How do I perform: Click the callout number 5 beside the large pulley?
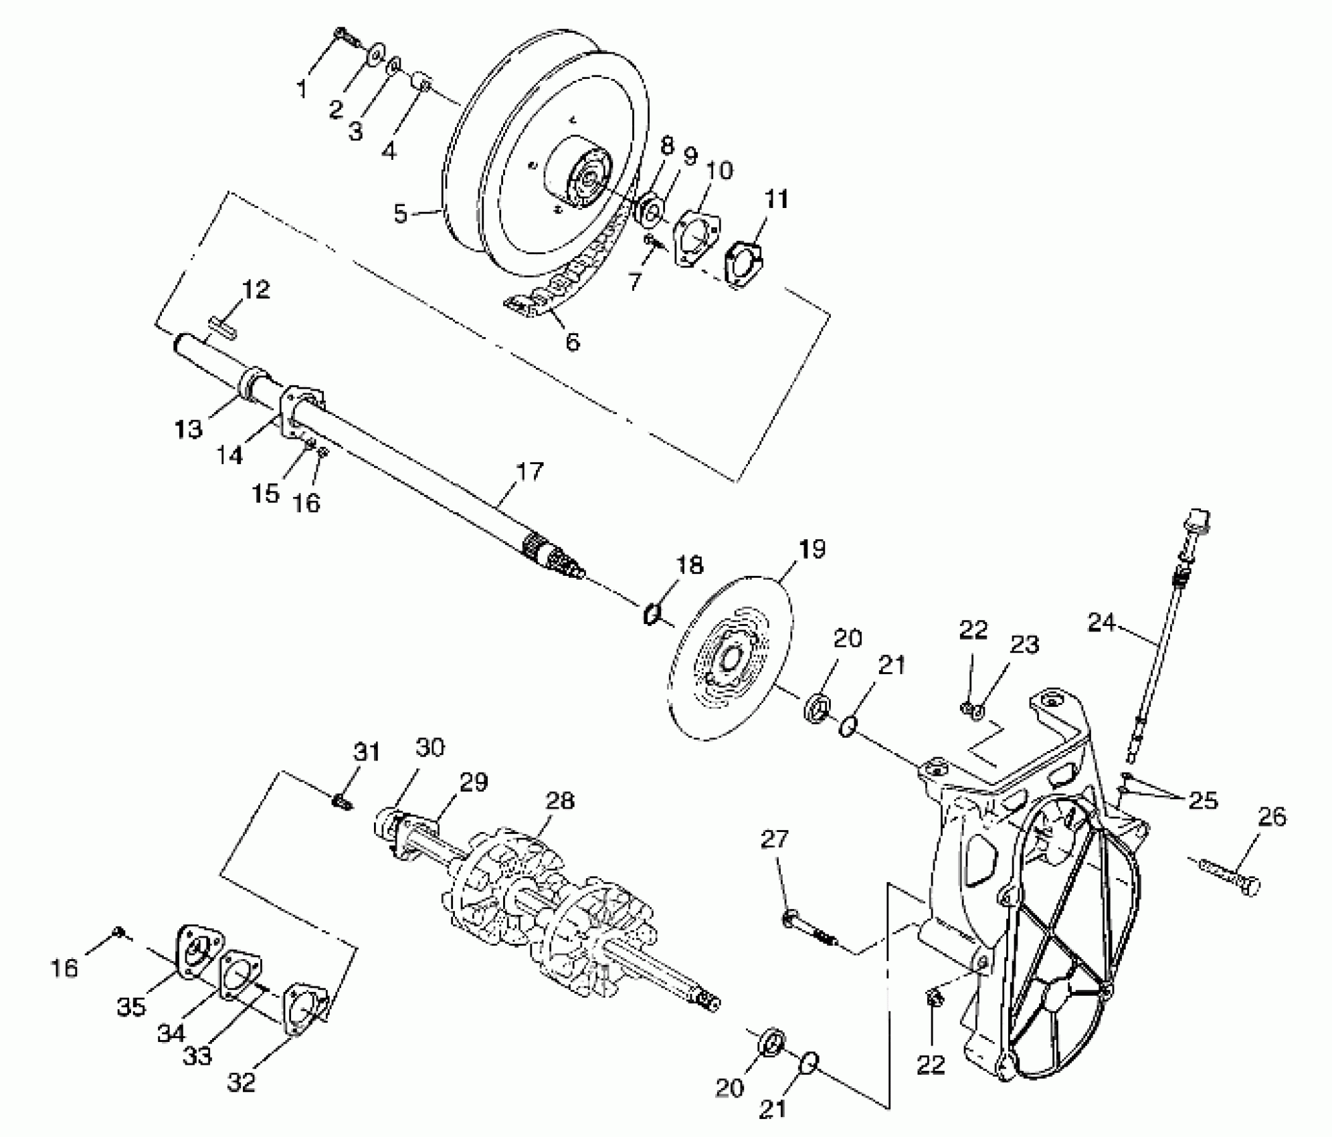[x=400, y=214]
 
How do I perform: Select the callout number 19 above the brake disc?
[x=812, y=549]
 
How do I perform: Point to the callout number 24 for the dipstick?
[x=1101, y=622]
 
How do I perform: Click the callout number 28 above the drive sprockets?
[x=559, y=800]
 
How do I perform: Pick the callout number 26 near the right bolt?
[x=1272, y=817]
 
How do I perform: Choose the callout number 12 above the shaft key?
[x=256, y=290]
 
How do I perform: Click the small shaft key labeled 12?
[x=221, y=328]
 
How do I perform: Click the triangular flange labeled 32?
[x=304, y=1011]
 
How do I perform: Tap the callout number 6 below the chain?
[x=573, y=342]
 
